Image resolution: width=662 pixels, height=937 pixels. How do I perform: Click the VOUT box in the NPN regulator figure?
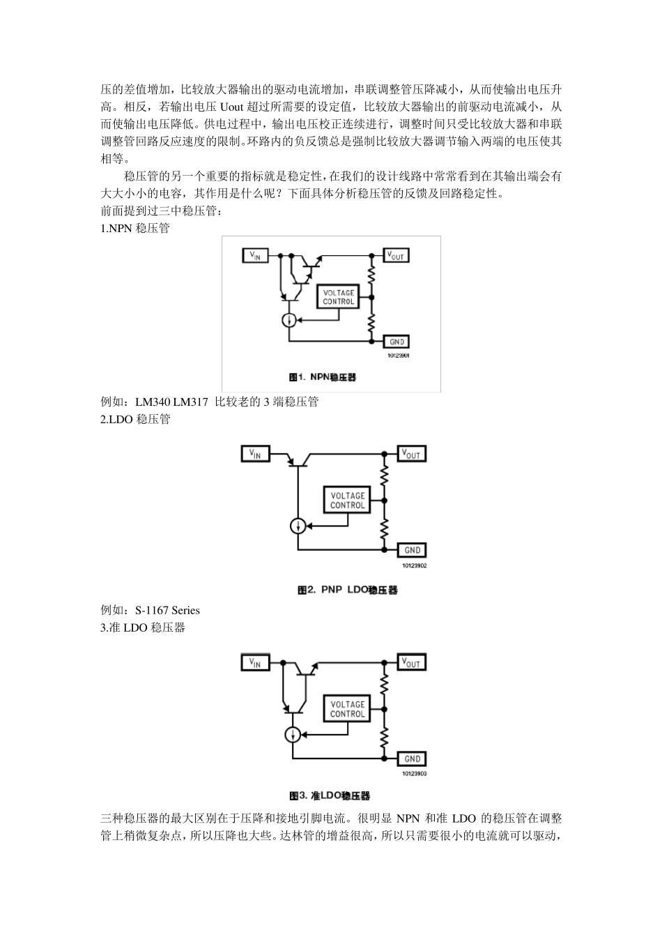click(396, 256)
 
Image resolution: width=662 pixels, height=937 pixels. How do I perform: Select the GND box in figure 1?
click(397, 342)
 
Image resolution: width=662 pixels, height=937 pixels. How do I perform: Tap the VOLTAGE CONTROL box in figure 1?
click(339, 298)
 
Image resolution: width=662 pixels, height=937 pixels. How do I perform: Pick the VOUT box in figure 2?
click(410, 454)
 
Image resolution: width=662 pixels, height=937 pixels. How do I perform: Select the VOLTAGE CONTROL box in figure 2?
click(347, 501)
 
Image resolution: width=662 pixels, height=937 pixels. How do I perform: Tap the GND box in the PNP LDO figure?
click(412, 550)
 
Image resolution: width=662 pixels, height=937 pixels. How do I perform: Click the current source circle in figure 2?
click(298, 526)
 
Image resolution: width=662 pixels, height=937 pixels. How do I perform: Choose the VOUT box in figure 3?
click(410, 662)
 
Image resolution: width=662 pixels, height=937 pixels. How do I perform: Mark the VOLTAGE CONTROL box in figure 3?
click(347, 709)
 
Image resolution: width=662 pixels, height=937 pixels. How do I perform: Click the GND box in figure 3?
click(412, 759)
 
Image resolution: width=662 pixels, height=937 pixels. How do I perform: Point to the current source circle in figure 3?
click(293, 734)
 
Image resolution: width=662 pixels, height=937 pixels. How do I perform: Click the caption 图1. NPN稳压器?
click(323, 377)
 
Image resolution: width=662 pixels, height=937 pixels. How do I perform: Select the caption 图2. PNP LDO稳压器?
click(347, 590)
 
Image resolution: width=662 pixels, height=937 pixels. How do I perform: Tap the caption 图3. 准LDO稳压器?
click(330, 795)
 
